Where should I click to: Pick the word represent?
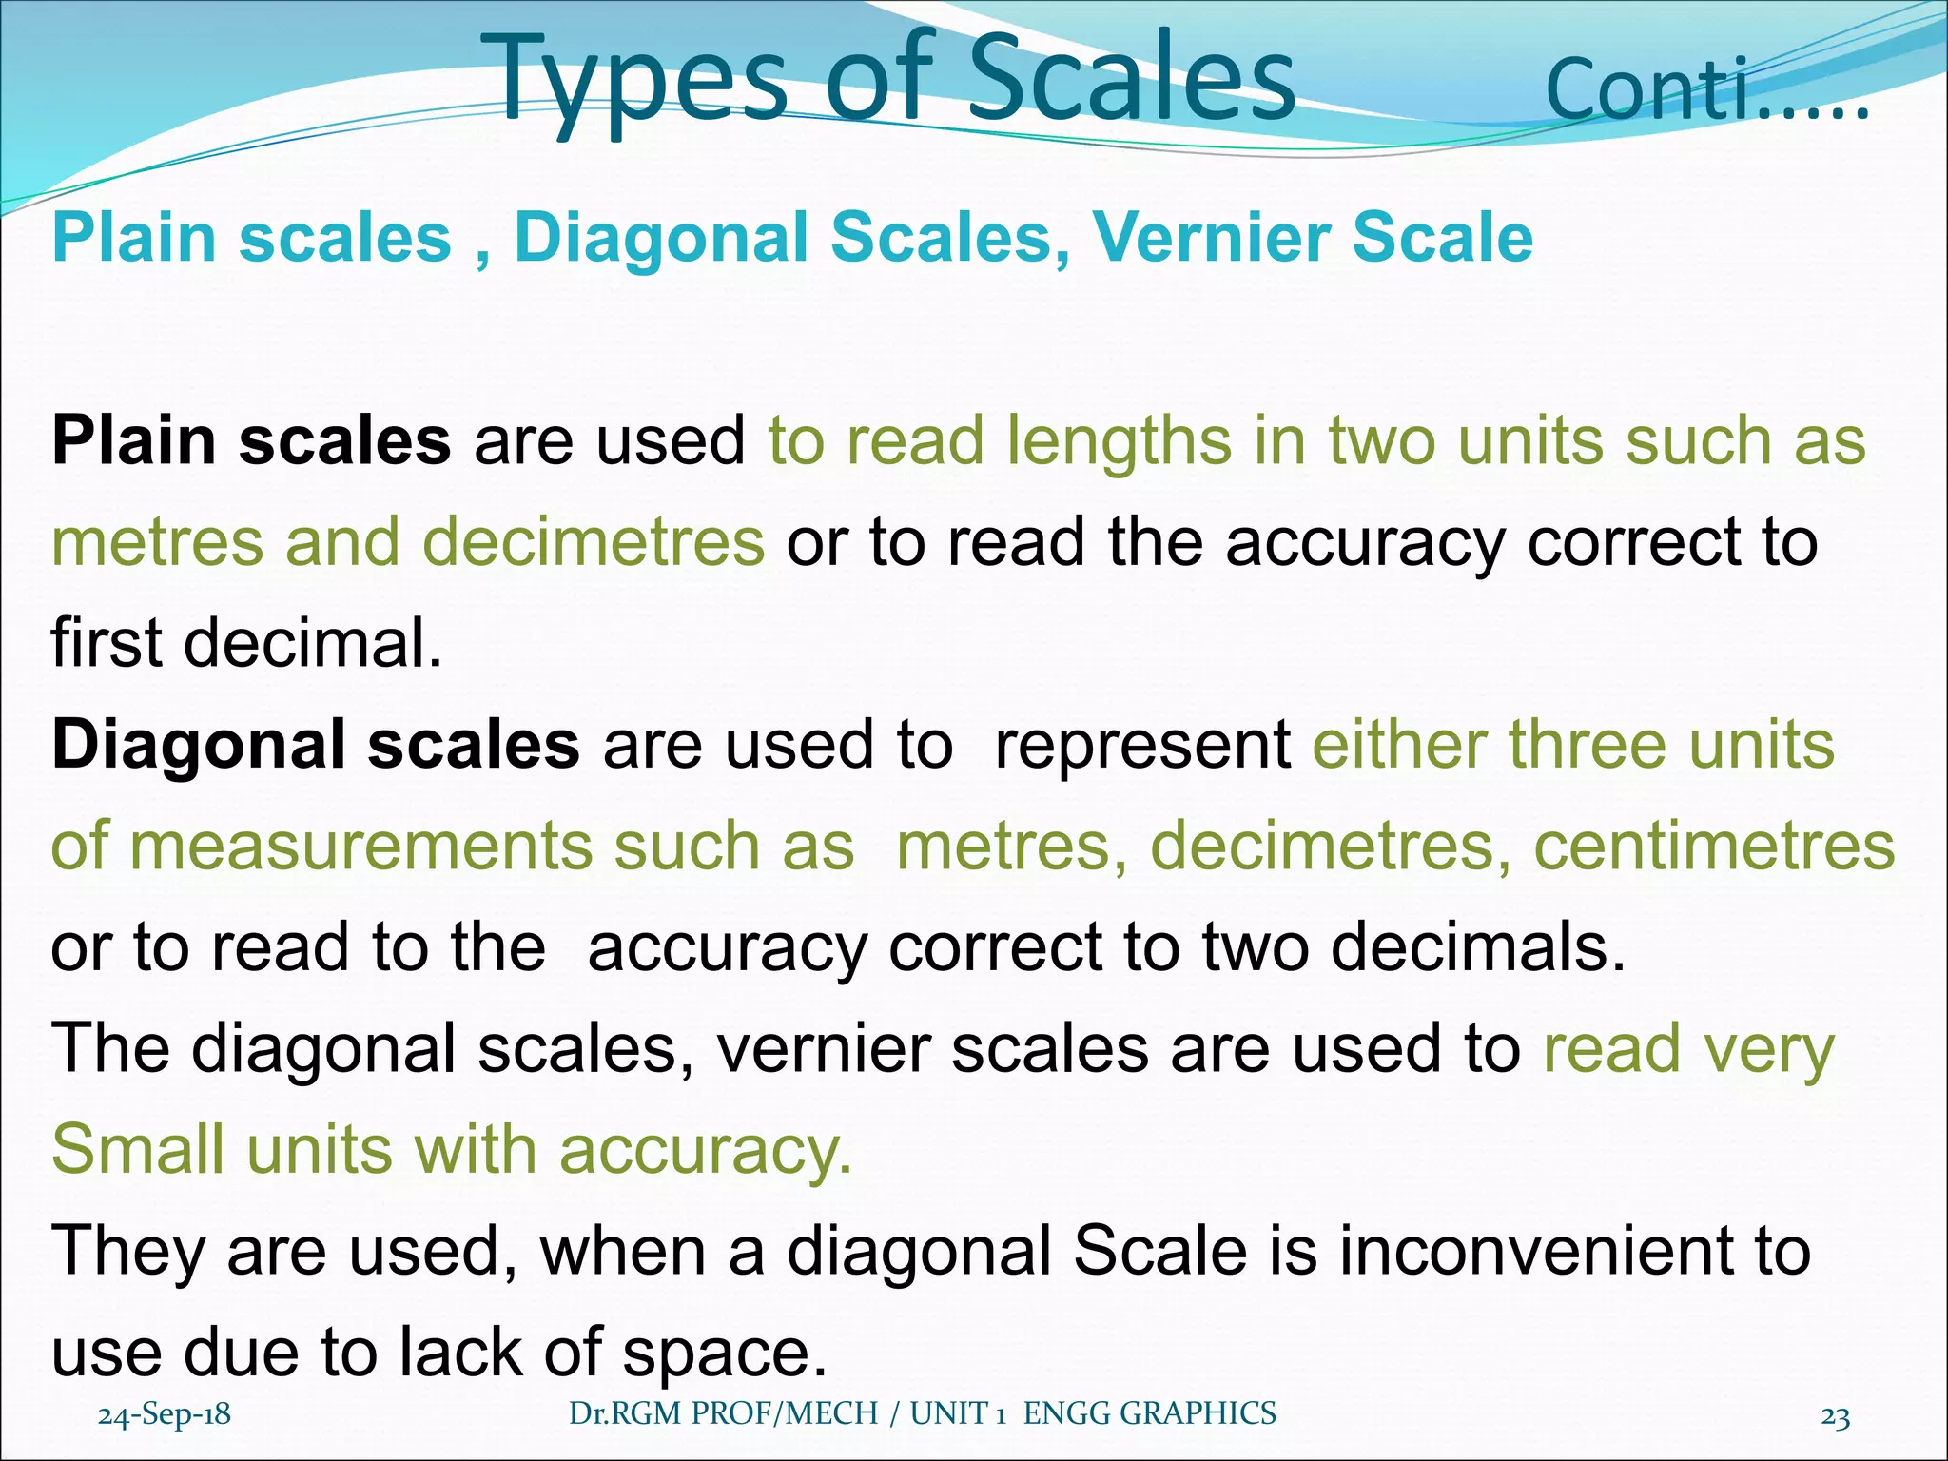(x=1141, y=745)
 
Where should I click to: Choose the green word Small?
(x=138, y=1150)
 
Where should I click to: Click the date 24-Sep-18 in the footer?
(x=165, y=1414)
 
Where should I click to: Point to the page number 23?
(x=1835, y=1417)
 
